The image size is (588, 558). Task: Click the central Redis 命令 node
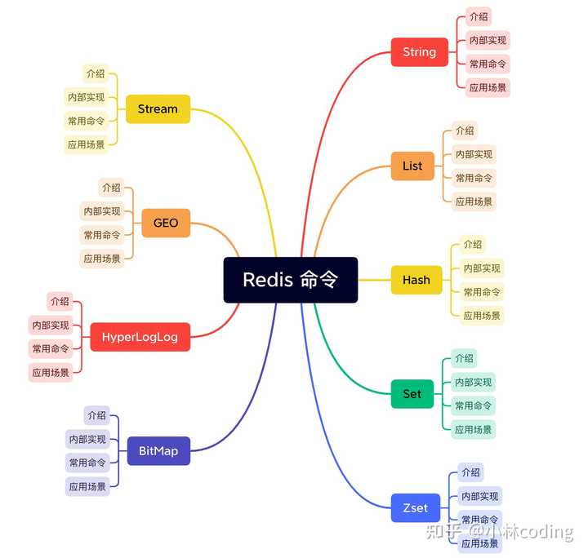[x=290, y=280]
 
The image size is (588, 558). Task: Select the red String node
[x=419, y=52]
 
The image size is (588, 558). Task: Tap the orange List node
[x=412, y=166]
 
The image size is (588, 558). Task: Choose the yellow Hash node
[x=416, y=280]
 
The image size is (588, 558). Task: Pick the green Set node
[x=412, y=394]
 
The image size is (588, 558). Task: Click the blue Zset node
[x=415, y=507]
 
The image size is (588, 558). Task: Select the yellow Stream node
[x=158, y=108]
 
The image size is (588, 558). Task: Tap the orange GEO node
[x=166, y=223]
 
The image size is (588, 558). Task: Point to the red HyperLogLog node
[x=140, y=337]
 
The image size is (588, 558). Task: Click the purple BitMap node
[x=158, y=450]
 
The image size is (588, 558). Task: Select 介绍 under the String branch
[x=479, y=16]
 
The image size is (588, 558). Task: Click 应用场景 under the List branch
[x=474, y=201]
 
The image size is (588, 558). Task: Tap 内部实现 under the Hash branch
[x=482, y=268]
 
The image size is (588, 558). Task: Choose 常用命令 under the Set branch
[x=474, y=405]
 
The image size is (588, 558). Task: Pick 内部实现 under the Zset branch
[x=479, y=496]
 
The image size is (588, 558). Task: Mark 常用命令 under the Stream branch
[x=86, y=121]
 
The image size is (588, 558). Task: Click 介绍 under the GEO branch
[x=111, y=188]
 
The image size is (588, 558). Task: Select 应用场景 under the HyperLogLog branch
[x=50, y=372]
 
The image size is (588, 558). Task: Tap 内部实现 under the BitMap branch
[x=87, y=439]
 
